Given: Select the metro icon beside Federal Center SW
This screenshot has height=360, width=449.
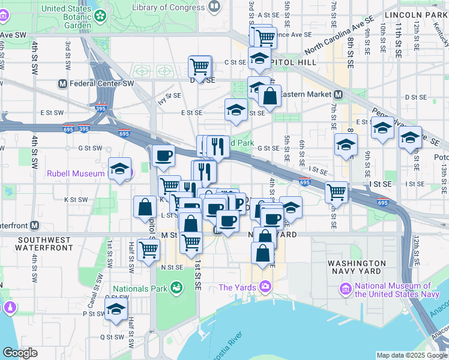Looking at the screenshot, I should [61, 83].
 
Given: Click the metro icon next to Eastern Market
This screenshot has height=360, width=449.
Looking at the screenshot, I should [339, 94].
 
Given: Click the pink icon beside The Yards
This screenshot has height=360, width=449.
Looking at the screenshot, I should [265, 287].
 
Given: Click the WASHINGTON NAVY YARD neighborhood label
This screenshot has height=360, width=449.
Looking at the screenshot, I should [357, 268].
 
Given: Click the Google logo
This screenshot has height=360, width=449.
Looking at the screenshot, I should [20, 353].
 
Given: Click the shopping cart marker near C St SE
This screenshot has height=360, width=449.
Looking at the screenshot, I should [200, 66].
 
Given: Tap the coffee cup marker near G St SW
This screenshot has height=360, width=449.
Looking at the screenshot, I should [163, 156].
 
